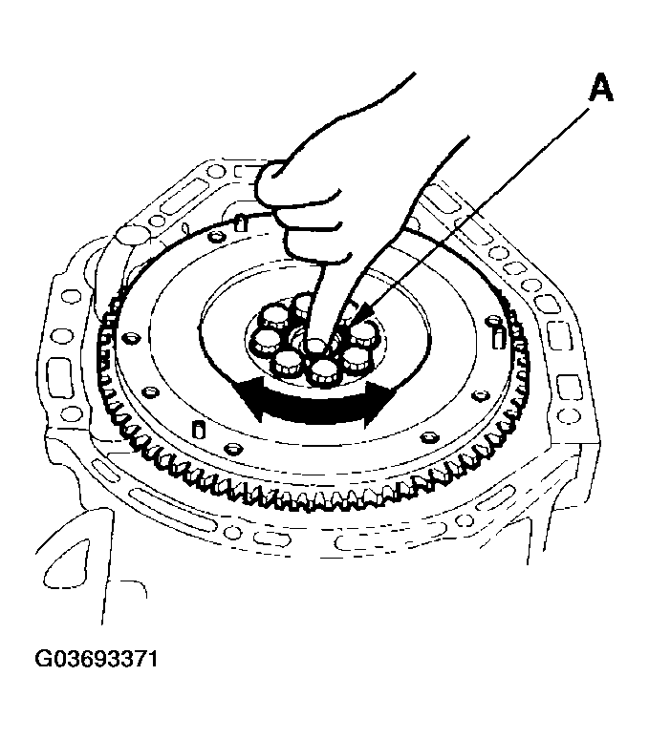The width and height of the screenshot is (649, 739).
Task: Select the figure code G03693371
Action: [97, 659]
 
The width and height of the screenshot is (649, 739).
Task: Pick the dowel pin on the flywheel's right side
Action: [498, 338]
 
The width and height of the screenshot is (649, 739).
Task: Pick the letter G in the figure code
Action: [44, 659]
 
